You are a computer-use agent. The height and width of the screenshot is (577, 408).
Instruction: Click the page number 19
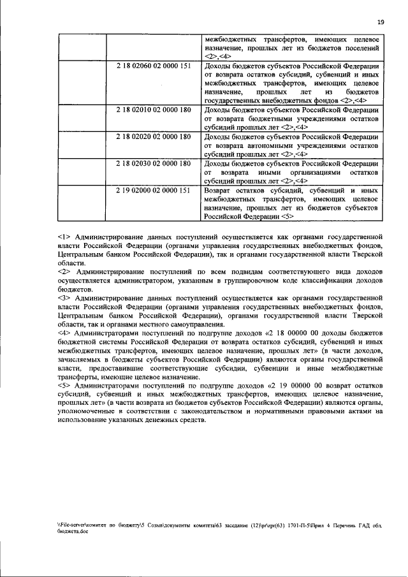click(380, 22)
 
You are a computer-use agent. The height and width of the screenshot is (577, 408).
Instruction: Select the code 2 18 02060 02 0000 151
click(153, 66)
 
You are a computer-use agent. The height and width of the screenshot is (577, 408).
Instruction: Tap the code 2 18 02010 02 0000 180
click(153, 110)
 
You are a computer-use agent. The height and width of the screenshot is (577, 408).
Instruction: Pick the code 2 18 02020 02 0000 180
click(153, 136)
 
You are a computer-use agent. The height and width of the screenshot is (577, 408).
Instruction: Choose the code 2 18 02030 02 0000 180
click(153, 163)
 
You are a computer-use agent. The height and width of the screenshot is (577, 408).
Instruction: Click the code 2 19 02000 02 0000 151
click(153, 190)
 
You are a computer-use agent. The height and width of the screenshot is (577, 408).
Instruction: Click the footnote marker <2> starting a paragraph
click(62, 272)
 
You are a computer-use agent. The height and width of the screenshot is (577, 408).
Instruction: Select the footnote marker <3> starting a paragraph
click(62, 298)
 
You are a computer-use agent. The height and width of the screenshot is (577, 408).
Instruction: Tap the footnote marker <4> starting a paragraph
click(62, 333)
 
